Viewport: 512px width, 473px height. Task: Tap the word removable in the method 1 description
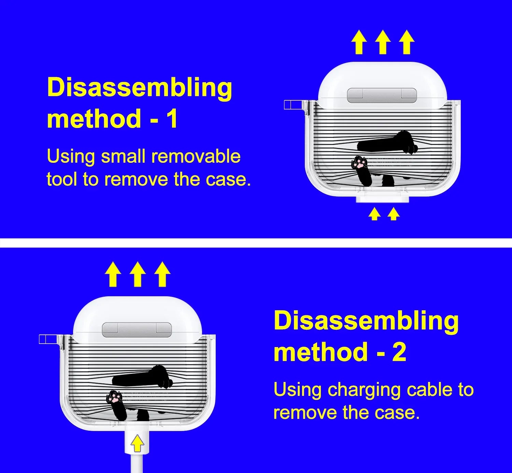coord(196,156)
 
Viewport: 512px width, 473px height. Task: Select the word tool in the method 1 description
coord(62,179)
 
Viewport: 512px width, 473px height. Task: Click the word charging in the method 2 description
coord(364,390)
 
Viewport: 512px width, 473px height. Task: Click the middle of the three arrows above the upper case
coord(383,42)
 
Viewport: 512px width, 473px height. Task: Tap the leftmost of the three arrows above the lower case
coord(113,274)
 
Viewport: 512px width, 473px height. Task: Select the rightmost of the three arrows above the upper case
coord(407,42)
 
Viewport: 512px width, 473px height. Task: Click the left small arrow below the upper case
coord(374,214)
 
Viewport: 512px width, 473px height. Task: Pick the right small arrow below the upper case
coord(394,214)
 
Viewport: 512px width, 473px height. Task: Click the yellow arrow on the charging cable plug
coord(137,443)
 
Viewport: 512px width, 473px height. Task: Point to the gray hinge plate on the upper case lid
coord(382,95)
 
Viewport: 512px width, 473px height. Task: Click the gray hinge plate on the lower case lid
coord(137,330)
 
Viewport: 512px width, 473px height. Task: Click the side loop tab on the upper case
coord(293,105)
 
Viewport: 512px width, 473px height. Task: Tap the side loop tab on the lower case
coord(48,339)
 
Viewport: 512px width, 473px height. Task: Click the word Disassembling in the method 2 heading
coord(366,321)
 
